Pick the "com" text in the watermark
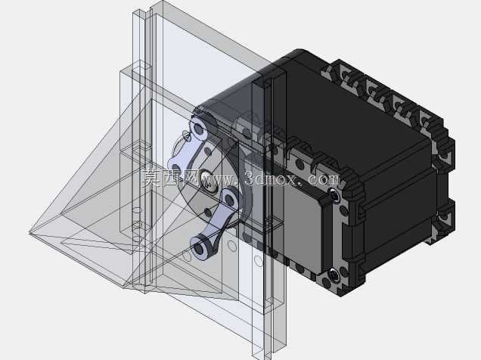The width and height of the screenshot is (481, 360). coord(323,179)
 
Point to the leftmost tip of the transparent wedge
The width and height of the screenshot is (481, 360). coord(29,232)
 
